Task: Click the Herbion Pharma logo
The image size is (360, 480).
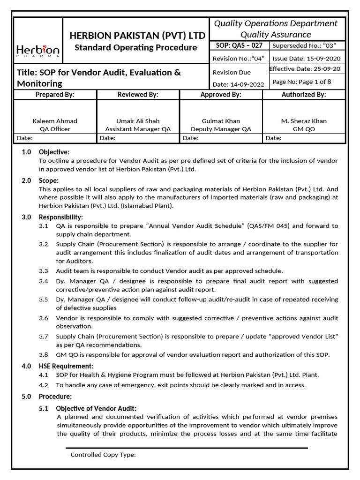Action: [x=38, y=50]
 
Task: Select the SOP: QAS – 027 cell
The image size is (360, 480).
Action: [x=239, y=45]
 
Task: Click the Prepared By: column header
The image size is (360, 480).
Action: [x=55, y=95]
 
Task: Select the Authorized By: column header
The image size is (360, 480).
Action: [x=303, y=95]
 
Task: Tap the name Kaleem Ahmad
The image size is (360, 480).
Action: [x=55, y=121]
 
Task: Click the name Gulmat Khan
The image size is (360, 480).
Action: [x=221, y=121]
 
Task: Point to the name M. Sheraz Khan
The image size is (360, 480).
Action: [x=303, y=121]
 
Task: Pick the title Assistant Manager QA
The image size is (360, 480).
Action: [x=138, y=129]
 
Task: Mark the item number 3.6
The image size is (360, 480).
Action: [x=44, y=318]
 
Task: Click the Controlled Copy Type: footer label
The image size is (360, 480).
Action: [x=103, y=455]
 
